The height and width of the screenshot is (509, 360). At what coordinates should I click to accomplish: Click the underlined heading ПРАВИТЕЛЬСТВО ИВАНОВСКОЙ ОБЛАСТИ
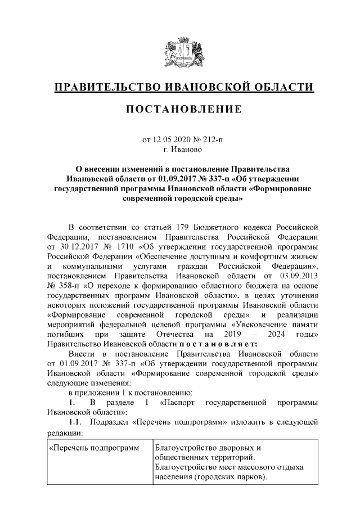click(x=180, y=88)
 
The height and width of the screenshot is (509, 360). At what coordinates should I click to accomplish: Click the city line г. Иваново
click(x=180, y=150)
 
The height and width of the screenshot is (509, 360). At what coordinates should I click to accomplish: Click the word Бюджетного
click(x=215, y=227)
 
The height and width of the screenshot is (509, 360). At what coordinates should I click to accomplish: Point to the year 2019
click(x=246, y=336)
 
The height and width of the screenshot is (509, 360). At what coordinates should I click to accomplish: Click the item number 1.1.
click(x=75, y=424)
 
